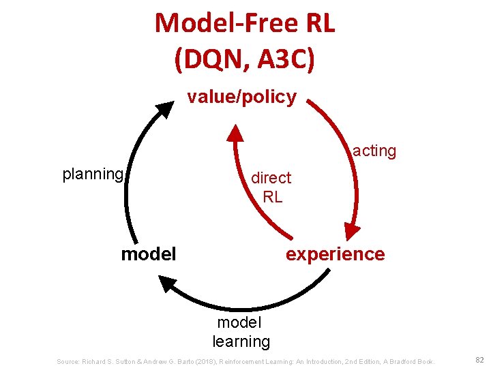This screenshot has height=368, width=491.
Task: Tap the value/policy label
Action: [242, 97]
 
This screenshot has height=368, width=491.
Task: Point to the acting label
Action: [374, 151]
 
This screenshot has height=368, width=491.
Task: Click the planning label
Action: [93, 174]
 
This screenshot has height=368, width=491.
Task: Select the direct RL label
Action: [271, 187]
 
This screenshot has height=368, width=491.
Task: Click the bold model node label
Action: [148, 254]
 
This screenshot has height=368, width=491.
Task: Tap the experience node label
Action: [335, 254]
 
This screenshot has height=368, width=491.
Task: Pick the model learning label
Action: [241, 331]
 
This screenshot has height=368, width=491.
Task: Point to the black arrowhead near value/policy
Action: [166, 109]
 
